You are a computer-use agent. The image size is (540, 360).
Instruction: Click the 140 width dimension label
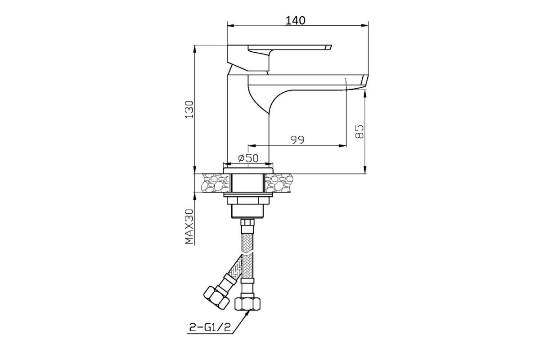(295, 21)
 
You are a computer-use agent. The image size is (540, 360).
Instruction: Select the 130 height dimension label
(189, 109)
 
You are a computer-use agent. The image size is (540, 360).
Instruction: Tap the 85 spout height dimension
(359, 131)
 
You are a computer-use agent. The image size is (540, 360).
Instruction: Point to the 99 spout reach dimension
(297, 140)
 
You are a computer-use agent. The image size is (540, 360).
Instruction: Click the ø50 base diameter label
(248, 158)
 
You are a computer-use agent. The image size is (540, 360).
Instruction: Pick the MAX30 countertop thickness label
(189, 226)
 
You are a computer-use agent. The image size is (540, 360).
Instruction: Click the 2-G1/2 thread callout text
(210, 327)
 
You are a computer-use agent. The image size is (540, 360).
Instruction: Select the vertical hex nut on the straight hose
(247, 304)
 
